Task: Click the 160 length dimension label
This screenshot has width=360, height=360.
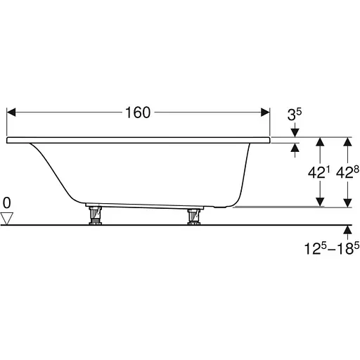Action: (x=138, y=112)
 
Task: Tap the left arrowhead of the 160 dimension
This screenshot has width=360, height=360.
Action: (x=11, y=112)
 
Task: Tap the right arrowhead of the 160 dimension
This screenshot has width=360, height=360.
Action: (x=265, y=112)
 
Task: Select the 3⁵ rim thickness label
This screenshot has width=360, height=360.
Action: (x=295, y=115)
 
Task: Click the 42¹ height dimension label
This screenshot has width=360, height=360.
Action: (x=319, y=173)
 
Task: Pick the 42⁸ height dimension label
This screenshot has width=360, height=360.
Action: (x=347, y=173)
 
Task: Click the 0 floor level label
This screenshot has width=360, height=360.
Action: (x=7, y=202)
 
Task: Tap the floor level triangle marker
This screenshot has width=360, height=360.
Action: (x=7, y=219)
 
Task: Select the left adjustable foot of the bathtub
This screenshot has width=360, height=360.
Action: (x=95, y=216)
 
